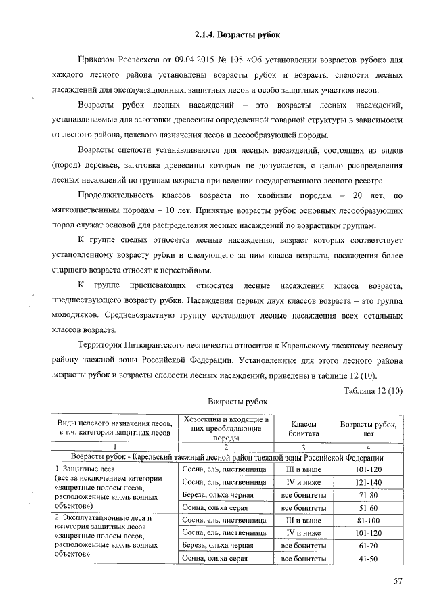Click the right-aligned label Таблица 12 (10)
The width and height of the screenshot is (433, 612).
click(x=372, y=390)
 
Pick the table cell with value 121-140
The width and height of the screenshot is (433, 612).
click(x=368, y=482)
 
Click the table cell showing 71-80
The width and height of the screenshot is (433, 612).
click(x=368, y=495)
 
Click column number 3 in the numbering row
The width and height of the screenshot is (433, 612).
click(x=304, y=446)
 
